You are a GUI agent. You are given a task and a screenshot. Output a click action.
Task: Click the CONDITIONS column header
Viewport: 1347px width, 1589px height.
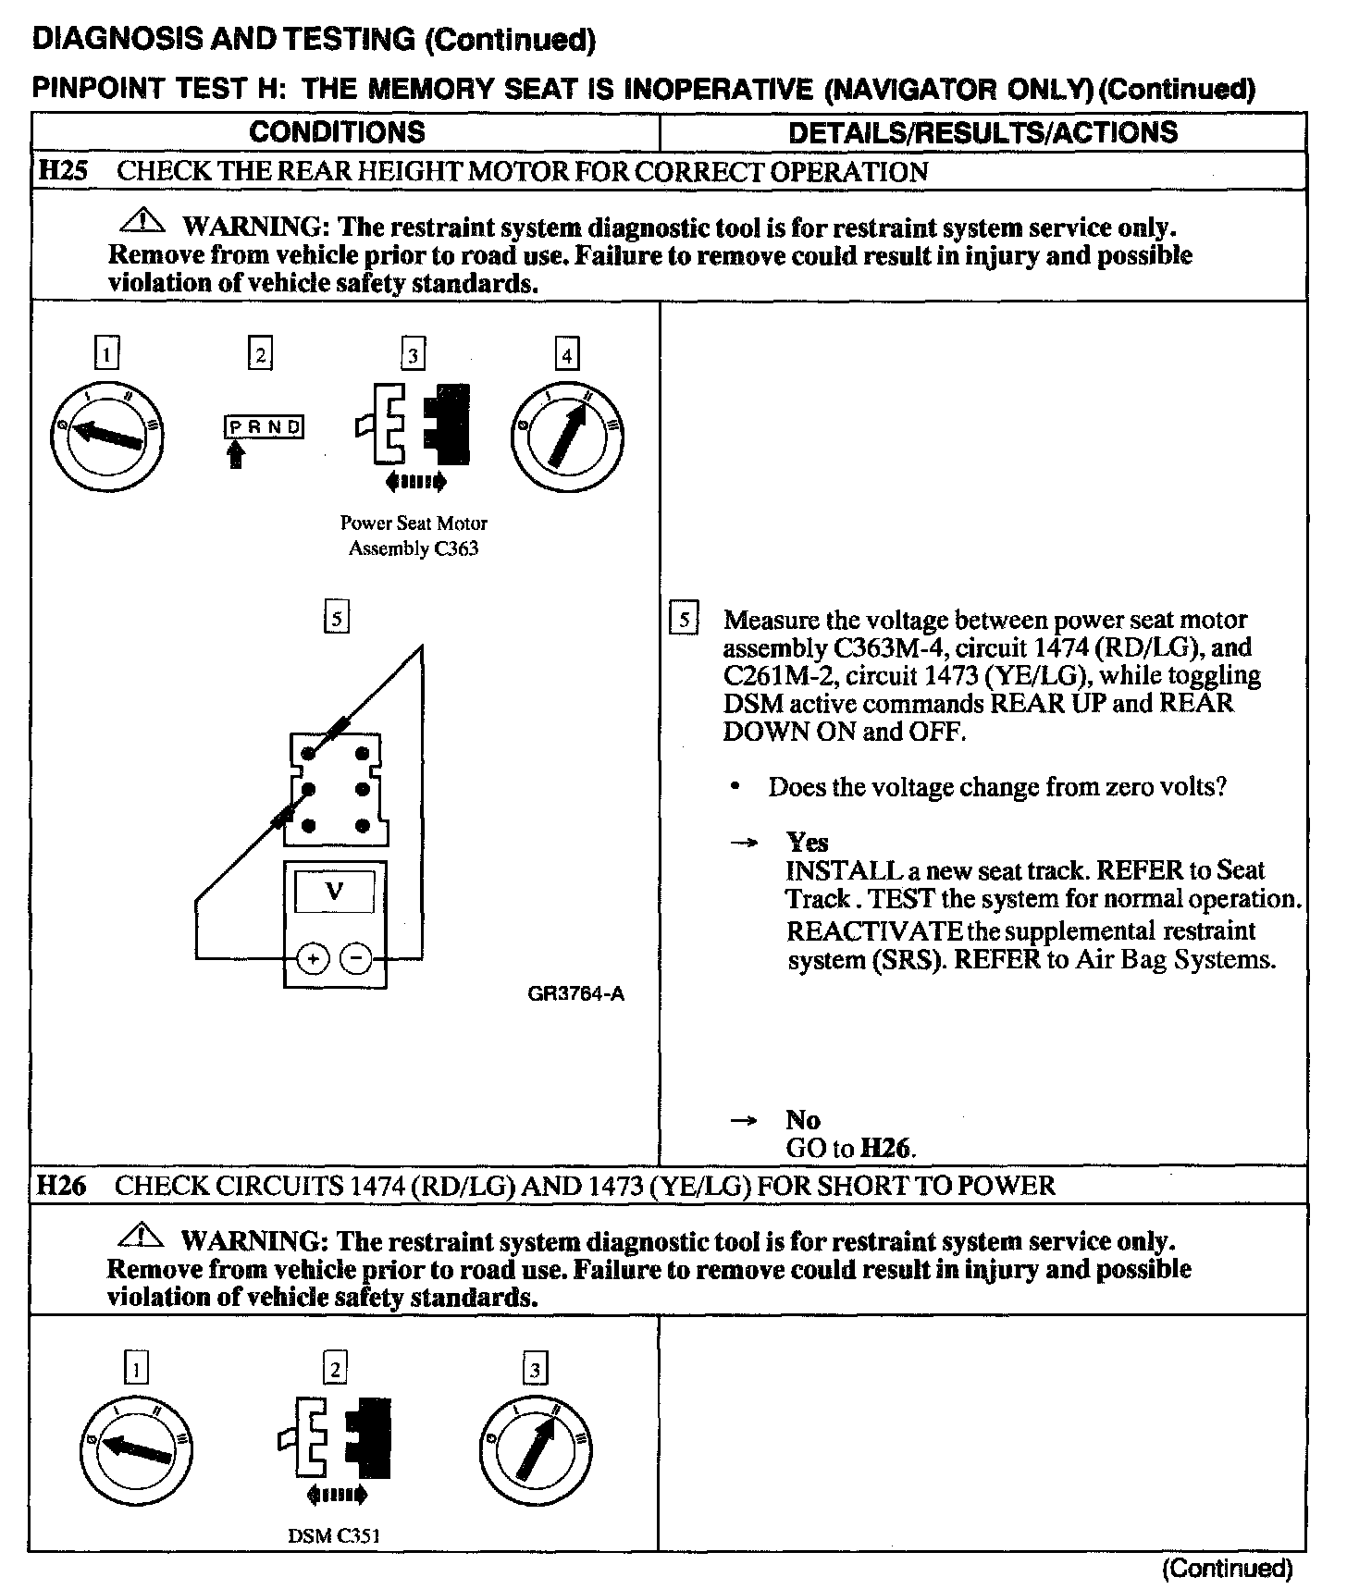337,132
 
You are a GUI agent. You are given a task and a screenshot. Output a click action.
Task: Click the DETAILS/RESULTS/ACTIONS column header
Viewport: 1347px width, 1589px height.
982,132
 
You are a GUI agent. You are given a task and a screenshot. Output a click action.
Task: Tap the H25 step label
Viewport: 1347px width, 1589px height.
62,172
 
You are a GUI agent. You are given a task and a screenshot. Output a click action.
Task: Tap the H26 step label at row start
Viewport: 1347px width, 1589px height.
60,1186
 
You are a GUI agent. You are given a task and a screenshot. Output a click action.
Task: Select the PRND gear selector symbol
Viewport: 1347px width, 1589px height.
264,426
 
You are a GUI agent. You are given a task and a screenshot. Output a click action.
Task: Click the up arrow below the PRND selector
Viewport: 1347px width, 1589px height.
236,453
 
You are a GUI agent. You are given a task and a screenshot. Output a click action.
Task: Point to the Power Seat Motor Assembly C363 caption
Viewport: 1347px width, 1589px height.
414,536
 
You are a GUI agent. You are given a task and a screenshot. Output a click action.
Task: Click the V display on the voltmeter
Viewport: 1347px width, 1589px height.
335,892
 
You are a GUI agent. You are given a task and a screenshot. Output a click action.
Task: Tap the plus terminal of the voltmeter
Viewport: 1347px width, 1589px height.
314,959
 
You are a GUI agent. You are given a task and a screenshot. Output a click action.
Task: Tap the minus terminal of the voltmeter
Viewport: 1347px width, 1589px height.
356,959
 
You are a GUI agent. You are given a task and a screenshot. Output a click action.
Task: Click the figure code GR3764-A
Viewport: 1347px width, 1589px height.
575,994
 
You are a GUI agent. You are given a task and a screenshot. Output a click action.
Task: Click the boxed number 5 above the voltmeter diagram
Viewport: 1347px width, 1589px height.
337,617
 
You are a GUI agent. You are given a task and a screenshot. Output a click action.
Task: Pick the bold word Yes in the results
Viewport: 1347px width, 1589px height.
807,843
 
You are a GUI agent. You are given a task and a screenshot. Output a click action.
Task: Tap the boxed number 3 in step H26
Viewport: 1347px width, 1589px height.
535,1368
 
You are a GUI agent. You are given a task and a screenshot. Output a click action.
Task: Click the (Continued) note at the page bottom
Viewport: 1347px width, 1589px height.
1227,1569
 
